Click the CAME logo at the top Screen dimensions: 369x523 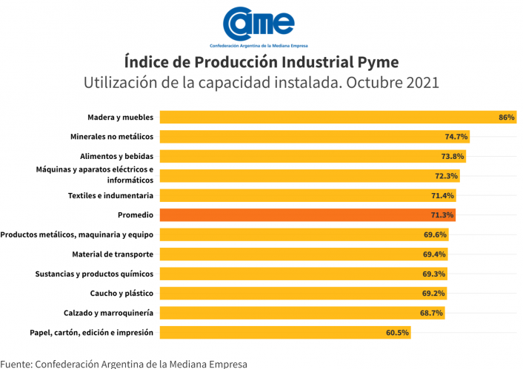[x=261, y=25]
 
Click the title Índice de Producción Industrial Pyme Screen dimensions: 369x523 [x=261, y=61]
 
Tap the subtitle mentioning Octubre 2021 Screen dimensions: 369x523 [x=261, y=82]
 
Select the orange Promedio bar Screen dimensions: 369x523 [x=307, y=215]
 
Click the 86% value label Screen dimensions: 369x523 [x=507, y=118]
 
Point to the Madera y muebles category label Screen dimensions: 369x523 [x=120, y=117]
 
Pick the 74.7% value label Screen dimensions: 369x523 [x=456, y=137]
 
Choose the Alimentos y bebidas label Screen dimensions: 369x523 [x=116, y=156]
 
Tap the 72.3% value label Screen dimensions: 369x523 [x=447, y=176]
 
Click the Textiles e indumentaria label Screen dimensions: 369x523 [x=110, y=195]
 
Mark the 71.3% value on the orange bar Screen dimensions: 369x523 [x=442, y=215]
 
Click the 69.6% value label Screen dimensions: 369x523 [x=435, y=234]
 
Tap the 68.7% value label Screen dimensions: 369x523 [x=431, y=313]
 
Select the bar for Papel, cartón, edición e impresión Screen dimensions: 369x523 [x=282, y=333]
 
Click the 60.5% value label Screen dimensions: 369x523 [x=397, y=333]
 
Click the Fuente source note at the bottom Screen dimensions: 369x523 [x=124, y=363]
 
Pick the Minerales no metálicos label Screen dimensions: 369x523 [x=112, y=137]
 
